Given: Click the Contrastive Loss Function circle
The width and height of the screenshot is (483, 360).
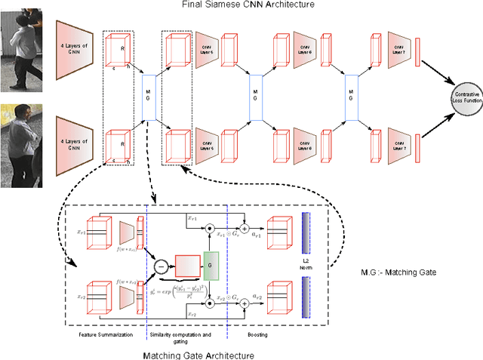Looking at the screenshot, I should coord(462,95).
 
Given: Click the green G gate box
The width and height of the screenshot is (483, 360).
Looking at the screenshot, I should coord(211,265).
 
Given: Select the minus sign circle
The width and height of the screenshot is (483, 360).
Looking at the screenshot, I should coord(160,265).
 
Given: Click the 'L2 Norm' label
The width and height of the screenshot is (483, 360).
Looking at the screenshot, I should coord(306,265).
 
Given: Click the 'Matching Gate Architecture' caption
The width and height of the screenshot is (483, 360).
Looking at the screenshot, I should coord(198,354).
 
